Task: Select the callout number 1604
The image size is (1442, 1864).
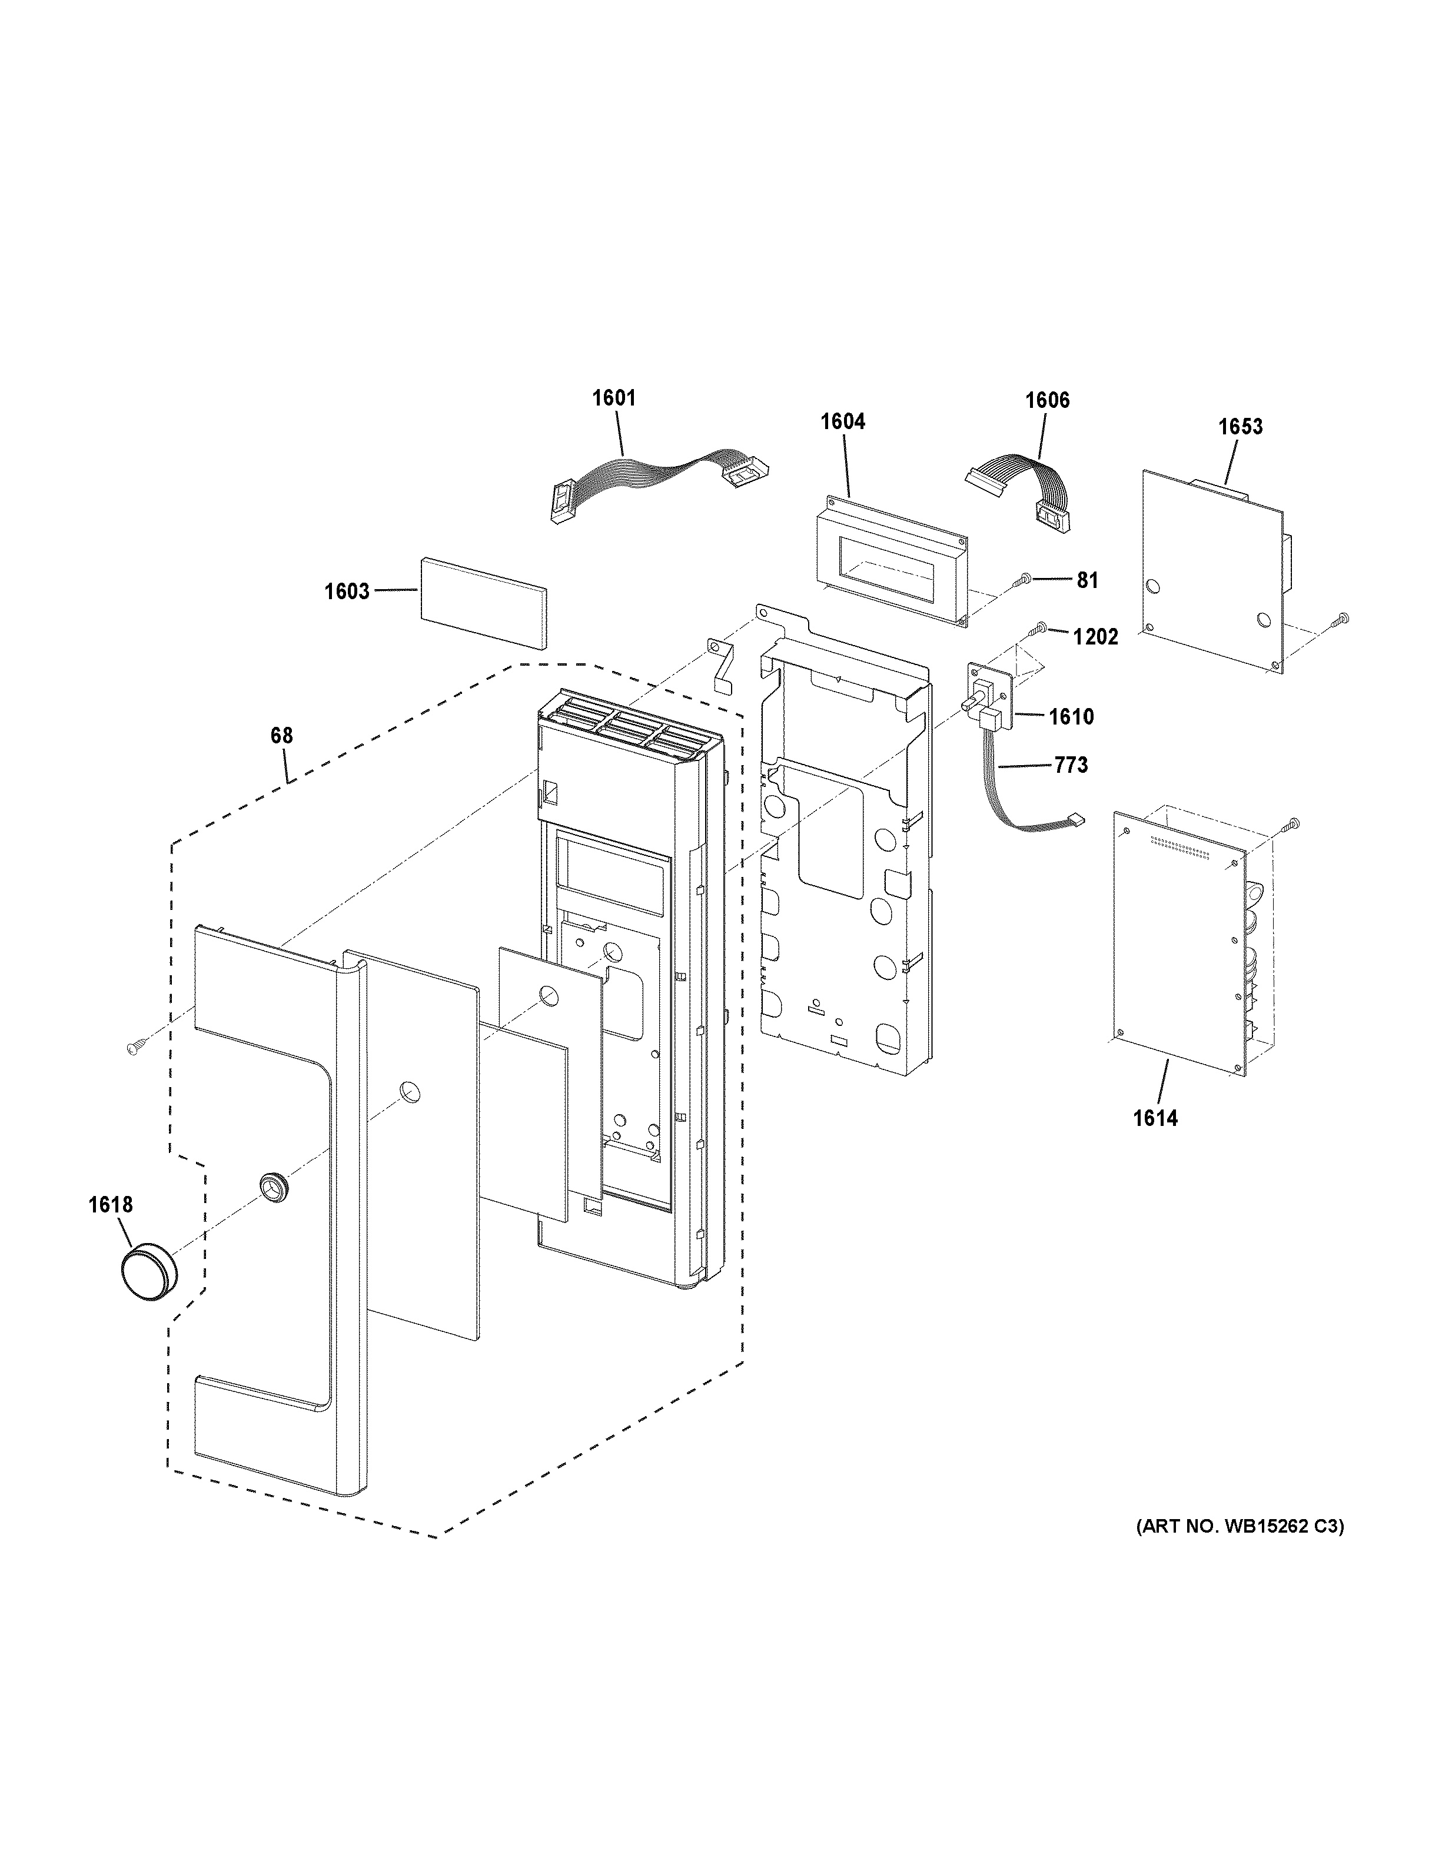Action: coord(842,421)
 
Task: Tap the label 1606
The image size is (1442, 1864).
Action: coord(1047,400)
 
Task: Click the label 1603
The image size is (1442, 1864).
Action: coord(347,592)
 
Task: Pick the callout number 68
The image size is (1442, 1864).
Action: coord(281,736)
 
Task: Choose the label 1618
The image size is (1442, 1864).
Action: coord(110,1205)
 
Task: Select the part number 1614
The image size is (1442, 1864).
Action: coord(1155,1118)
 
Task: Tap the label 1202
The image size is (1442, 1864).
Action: coord(1095,637)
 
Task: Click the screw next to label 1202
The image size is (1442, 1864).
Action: coord(1040,629)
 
